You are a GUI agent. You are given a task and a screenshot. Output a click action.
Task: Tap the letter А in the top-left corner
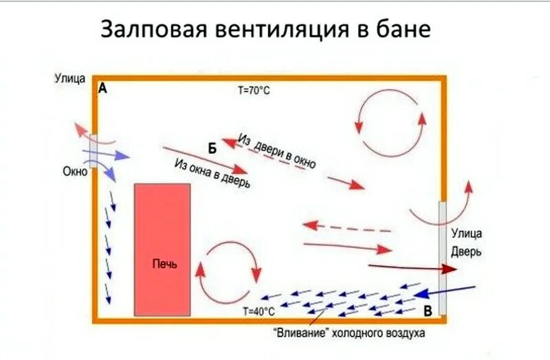pos(103,89)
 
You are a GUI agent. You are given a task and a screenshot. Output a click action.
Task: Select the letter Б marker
pos(212,148)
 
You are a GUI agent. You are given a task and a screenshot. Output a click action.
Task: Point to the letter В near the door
pos(428,311)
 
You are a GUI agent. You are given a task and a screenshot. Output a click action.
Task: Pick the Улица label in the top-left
pos(70,78)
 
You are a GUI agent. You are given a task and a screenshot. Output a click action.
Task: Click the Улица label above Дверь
pos(466,234)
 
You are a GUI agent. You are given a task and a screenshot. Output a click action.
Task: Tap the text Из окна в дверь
pos(212,174)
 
